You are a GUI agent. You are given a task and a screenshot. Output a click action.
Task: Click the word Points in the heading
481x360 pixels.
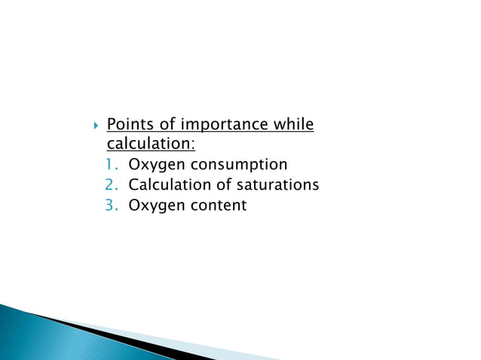point(129,124)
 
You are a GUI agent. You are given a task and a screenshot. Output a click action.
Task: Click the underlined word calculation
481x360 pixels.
point(148,143)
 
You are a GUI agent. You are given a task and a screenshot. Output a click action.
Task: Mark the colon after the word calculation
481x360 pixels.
point(192,144)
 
